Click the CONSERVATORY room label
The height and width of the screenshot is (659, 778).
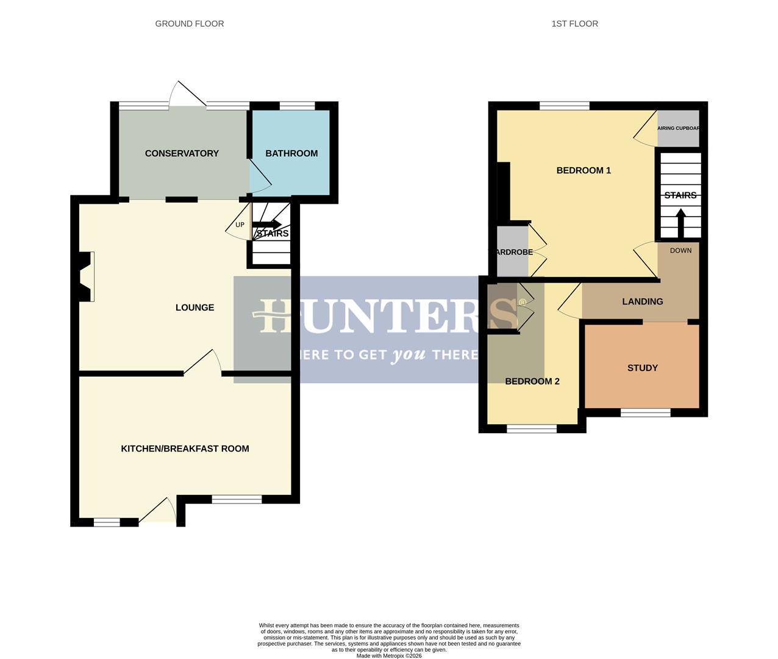(182, 153)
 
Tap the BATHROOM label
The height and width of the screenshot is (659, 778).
(291, 153)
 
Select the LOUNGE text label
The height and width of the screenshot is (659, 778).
(194, 308)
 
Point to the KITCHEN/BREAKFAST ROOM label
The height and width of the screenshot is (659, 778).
(185, 448)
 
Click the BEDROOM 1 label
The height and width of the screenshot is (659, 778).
(583, 170)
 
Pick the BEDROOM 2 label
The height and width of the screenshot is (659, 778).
(532, 381)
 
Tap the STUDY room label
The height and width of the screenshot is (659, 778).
(643, 368)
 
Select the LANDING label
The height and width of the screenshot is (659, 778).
(643, 301)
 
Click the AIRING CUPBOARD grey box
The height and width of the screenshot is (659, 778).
(678, 129)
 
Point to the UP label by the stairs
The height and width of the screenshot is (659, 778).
(240, 225)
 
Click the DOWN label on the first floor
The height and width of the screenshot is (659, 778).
(680, 251)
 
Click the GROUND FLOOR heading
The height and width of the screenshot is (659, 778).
(189, 24)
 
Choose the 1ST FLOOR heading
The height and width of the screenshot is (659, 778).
(574, 24)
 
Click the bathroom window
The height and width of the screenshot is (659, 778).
(297, 106)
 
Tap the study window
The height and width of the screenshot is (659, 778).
(645, 413)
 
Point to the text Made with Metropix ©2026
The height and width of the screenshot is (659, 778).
(389, 656)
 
